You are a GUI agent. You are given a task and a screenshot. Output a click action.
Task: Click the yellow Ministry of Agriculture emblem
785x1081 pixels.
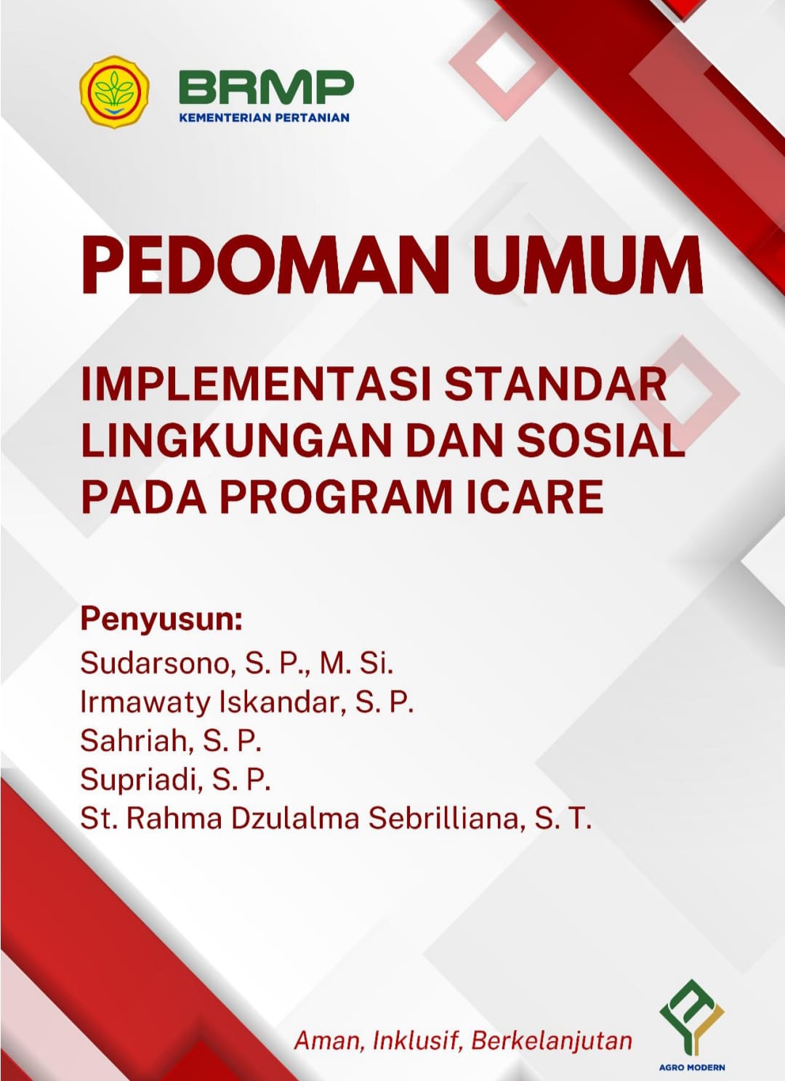coord(114,92)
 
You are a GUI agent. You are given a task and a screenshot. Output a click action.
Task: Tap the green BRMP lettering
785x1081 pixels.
coord(266,87)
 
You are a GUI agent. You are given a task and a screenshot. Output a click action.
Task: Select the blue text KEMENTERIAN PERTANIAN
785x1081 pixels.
coord(264,118)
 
